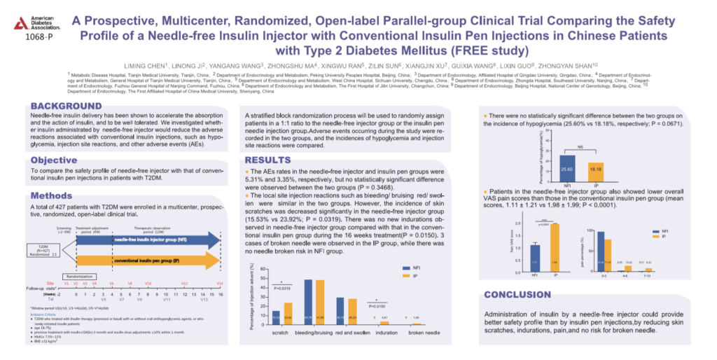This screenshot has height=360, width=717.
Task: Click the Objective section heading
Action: (x=54, y=160)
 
